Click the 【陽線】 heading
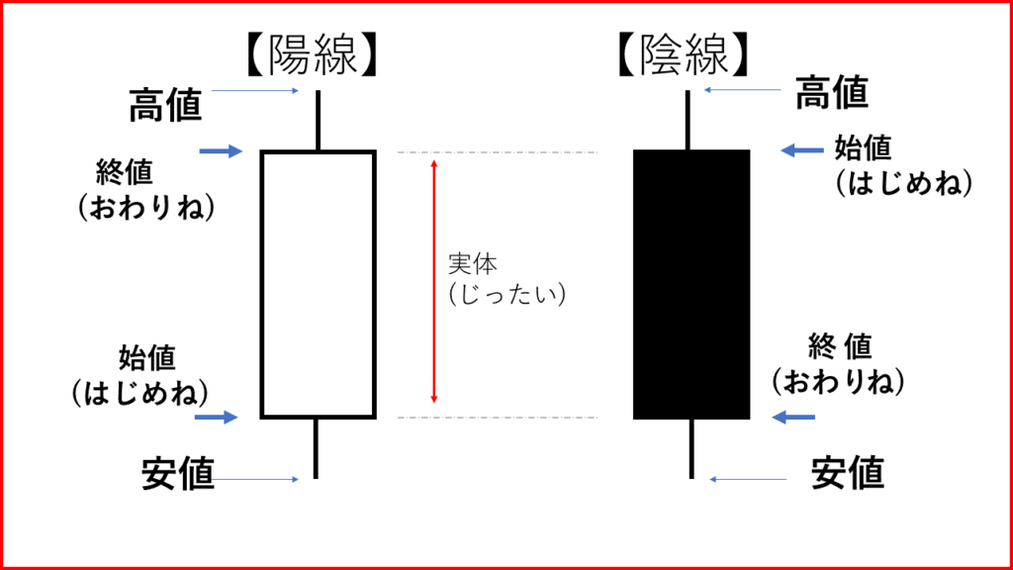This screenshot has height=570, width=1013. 313,57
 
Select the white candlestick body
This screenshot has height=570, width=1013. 318,284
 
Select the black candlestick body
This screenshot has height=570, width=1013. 691,284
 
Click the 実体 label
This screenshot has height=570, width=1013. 473,265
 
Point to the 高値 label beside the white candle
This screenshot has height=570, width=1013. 165,105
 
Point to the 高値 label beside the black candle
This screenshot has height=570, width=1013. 832,93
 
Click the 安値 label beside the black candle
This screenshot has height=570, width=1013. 848,474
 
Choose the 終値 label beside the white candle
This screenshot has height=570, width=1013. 125,172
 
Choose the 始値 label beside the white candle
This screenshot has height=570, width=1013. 146,355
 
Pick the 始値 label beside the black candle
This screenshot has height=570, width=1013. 863,147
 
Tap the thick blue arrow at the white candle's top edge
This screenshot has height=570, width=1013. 220,151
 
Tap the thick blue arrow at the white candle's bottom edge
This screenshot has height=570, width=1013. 217,418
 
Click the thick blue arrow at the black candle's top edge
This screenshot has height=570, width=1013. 801,150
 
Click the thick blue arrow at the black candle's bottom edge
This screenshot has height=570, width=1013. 793,418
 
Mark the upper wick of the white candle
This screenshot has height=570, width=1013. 318,121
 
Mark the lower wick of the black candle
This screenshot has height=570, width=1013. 691,448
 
